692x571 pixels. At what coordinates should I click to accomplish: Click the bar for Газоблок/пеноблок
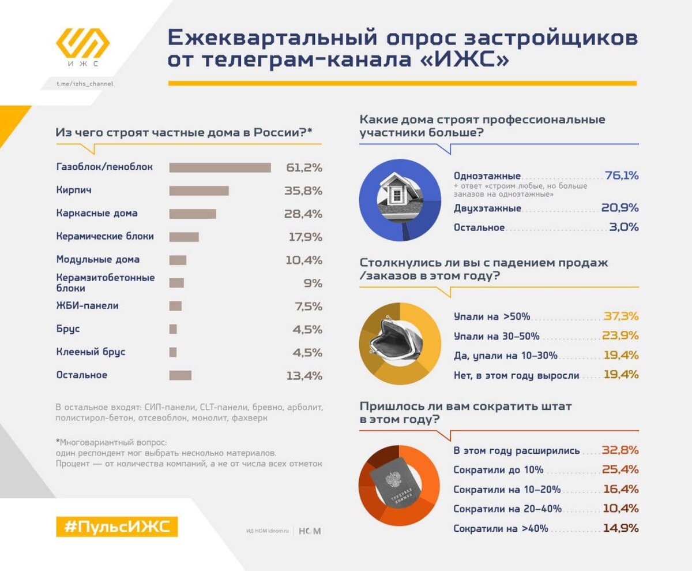(x=220, y=167)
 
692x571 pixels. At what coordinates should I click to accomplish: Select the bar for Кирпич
(x=199, y=191)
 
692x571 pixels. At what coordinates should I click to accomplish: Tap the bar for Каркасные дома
(x=193, y=214)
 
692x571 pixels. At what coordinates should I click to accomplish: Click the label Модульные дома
(x=98, y=259)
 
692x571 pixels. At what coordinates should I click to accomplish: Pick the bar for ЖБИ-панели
(x=175, y=306)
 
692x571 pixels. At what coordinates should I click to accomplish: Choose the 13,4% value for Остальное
(x=304, y=375)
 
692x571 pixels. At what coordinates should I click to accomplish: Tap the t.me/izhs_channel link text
(x=84, y=84)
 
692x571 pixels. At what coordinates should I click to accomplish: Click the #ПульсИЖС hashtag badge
(x=117, y=527)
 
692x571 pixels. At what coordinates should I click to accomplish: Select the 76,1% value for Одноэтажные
(x=622, y=176)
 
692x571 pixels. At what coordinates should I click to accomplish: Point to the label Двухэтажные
(x=487, y=208)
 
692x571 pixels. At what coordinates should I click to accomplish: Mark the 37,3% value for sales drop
(x=621, y=316)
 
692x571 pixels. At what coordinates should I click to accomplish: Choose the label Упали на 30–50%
(x=496, y=336)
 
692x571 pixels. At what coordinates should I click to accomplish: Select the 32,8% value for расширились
(x=620, y=450)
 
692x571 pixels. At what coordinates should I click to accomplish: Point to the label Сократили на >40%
(x=501, y=528)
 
